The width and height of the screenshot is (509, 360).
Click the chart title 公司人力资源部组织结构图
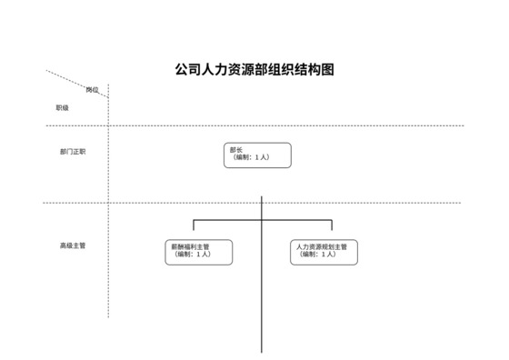click(254, 69)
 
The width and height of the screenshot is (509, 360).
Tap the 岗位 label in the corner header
click(92, 89)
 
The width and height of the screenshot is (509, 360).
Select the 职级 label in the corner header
click(63, 107)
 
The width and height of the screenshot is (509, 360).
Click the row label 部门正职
click(73, 152)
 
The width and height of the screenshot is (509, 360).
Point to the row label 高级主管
click(73, 245)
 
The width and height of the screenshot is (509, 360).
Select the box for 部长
click(257, 155)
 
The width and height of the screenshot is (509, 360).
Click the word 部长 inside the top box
click(236, 149)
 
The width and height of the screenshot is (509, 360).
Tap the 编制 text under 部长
click(250, 158)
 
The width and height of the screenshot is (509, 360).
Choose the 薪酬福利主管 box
click(199, 252)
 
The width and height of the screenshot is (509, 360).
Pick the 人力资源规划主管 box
click(324, 252)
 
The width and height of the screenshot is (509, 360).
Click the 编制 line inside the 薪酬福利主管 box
click(193, 255)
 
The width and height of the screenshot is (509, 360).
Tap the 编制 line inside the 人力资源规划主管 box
click(318, 255)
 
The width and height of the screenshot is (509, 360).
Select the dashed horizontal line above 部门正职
click(273, 125)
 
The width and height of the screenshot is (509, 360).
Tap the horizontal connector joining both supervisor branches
click(227, 219)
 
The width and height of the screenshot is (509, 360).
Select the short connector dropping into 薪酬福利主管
click(192, 229)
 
